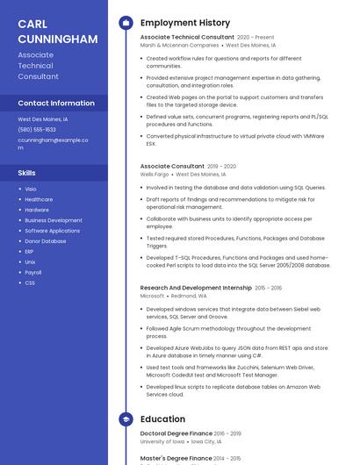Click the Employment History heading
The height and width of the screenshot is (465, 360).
(x=184, y=22)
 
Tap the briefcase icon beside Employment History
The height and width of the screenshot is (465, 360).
(x=126, y=22)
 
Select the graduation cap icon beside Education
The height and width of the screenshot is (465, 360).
(x=126, y=419)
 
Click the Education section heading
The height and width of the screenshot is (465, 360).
(x=162, y=419)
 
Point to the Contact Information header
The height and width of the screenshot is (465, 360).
(x=56, y=103)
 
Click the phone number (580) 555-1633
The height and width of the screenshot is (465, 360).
(x=37, y=129)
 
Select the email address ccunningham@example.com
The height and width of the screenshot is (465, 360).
(x=52, y=142)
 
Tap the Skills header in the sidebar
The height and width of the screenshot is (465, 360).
(x=27, y=173)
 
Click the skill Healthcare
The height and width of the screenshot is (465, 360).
(x=39, y=199)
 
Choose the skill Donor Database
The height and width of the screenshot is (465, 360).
(x=45, y=241)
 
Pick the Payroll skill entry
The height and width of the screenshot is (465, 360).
(x=32, y=272)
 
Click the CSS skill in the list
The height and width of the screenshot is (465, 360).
(x=30, y=283)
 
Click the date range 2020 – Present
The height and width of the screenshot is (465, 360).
(x=256, y=38)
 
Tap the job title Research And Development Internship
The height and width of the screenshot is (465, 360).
(x=196, y=288)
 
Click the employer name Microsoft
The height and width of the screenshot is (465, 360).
(x=152, y=296)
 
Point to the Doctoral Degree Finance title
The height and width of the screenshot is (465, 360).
(x=176, y=433)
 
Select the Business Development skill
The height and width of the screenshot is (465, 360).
(x=53, y=220)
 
